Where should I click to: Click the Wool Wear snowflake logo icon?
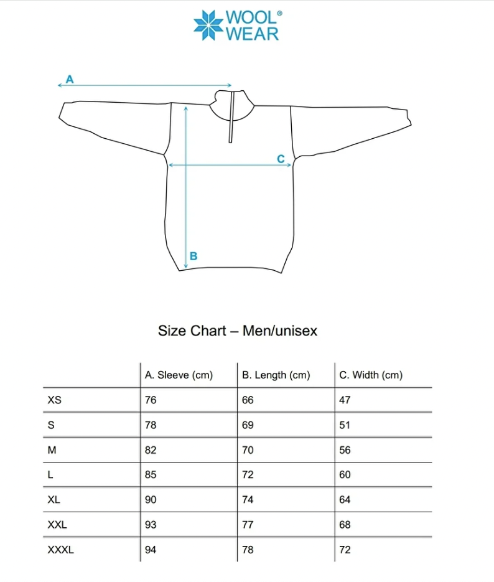point(208,25)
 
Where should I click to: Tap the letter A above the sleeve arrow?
point(70,79)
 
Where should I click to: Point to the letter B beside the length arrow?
point(193,256)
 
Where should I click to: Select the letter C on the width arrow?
point(281,159)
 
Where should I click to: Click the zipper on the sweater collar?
point(231,118)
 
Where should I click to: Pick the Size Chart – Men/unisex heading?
point(238,331)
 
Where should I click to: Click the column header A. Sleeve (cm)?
point(179,375)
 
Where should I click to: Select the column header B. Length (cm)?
point(276,375)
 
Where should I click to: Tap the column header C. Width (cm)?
point(371,375)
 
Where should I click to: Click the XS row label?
point(55,400)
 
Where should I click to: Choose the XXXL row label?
point(61,550)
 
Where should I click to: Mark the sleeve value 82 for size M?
point(151,450)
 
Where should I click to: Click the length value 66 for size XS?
point(248,400)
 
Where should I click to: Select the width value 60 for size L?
point(345,475)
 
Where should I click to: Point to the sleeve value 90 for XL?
point(151,500)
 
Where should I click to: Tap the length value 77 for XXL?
point(248,525)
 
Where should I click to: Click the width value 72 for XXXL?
point(345,550)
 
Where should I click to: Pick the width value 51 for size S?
point(345,425)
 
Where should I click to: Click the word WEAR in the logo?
point(252,34)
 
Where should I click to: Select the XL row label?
point(54,500)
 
